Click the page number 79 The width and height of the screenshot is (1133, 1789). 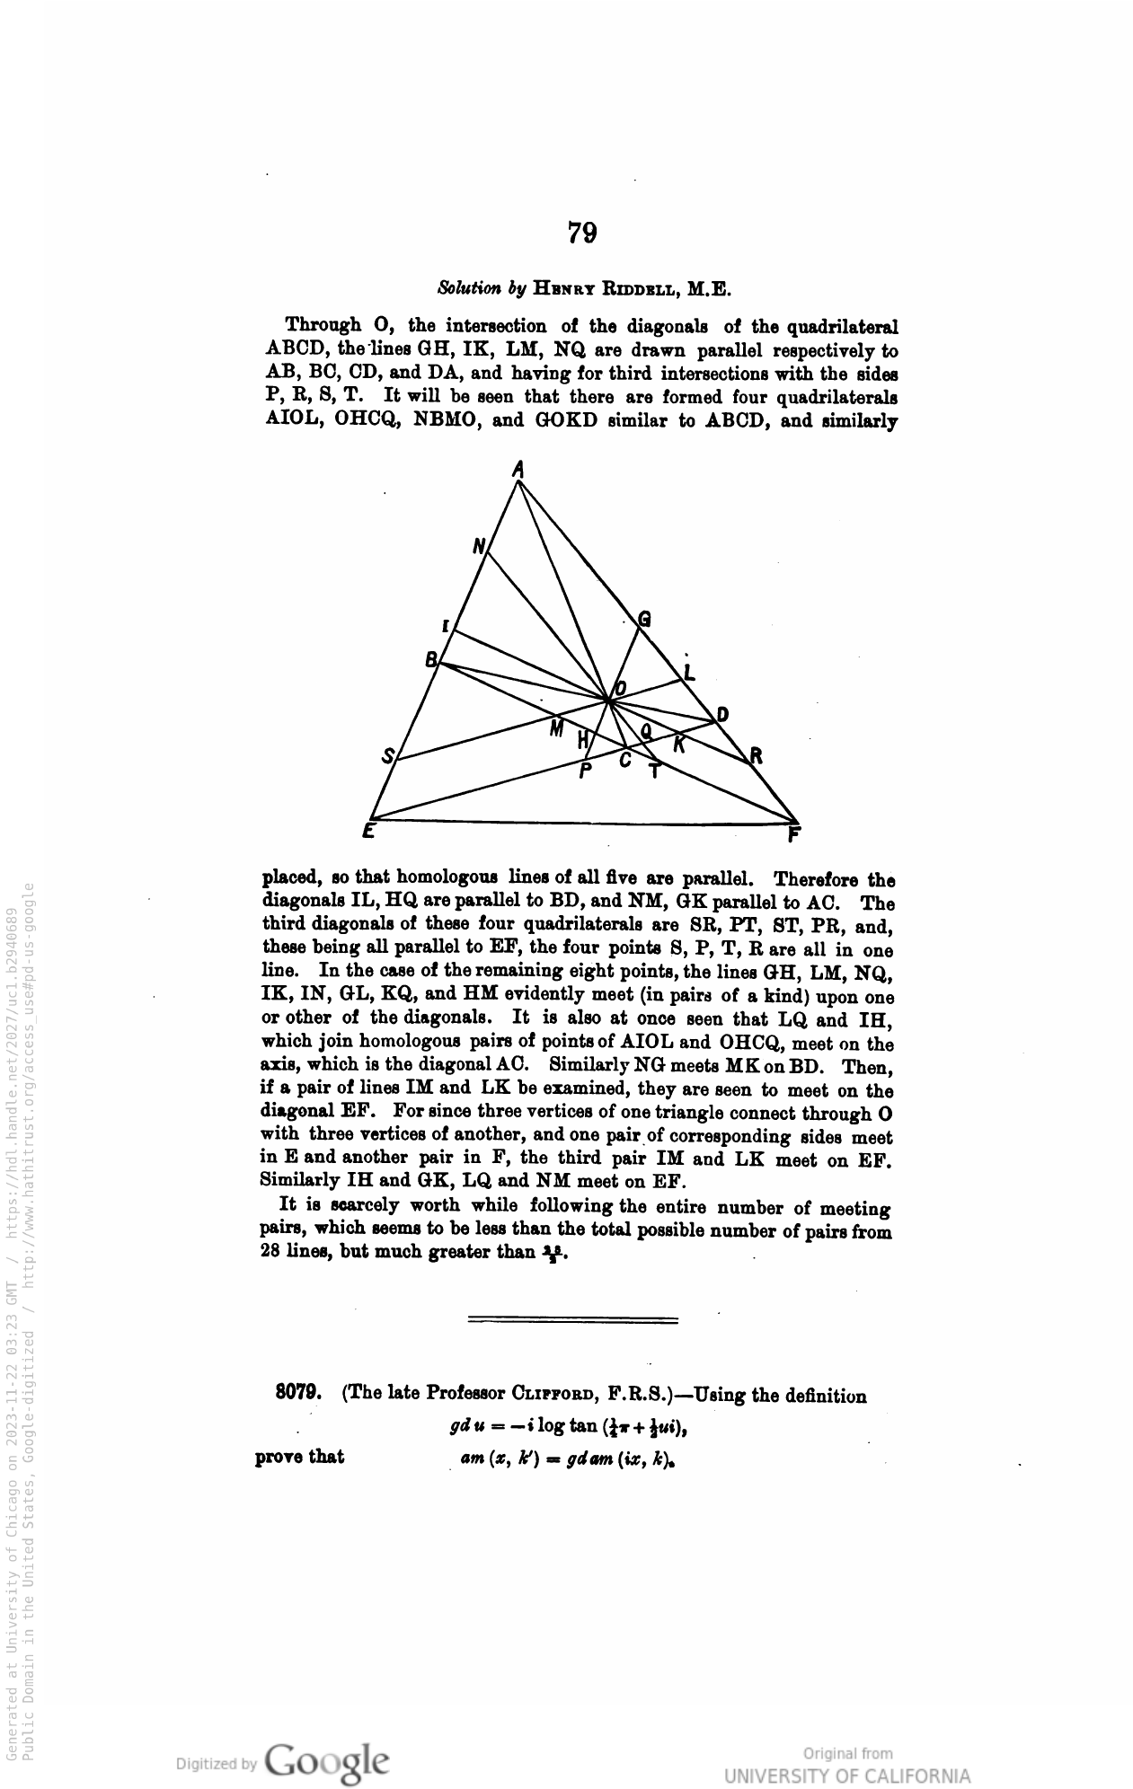point(582,233)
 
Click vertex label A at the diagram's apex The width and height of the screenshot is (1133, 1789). point(518,469)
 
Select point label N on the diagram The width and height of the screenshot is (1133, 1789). point(479,546)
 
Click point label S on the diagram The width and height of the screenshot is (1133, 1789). point(388,756)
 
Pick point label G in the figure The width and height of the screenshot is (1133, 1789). point(644,619)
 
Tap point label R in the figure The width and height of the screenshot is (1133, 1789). point(757,756)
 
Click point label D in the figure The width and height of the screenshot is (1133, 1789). point(721,715)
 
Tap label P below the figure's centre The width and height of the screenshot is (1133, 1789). point(586,771)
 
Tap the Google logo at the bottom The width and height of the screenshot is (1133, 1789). point(327,1762)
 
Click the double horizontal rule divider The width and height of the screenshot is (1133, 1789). point(573,1319)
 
